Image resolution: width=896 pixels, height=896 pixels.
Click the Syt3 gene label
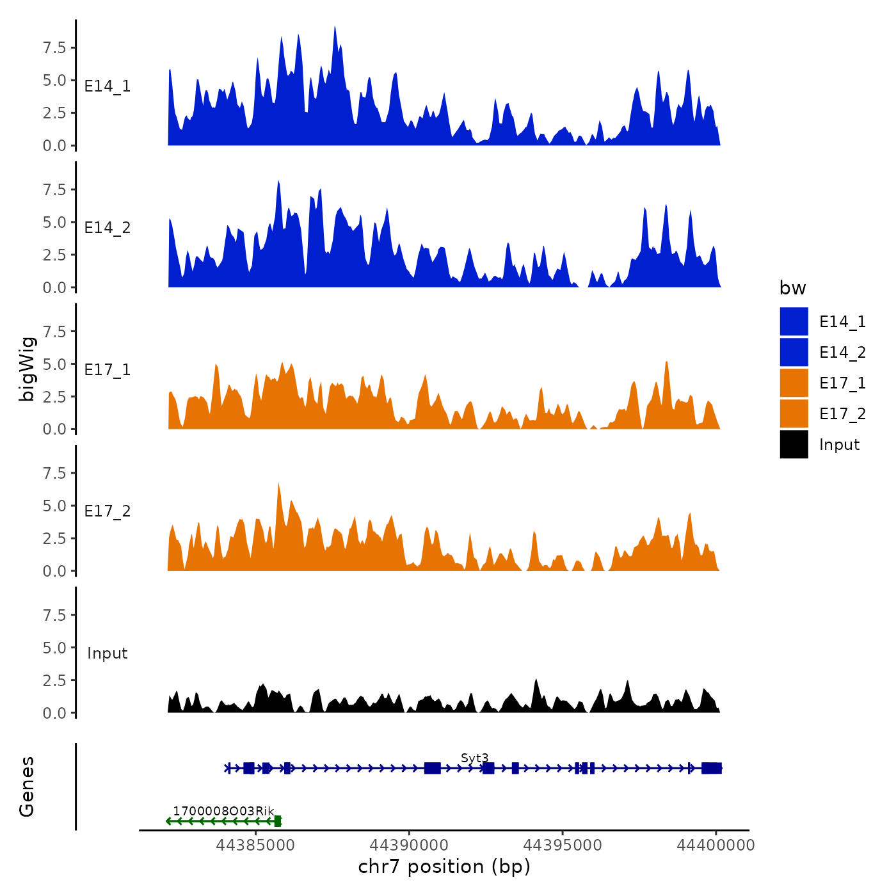[474, 758]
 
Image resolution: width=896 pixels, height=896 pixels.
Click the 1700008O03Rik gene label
[223, 812]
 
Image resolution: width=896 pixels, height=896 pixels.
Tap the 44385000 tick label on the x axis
[255, 845]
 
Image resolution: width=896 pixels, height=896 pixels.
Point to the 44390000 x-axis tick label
[409, 845]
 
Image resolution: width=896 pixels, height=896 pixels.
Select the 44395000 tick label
[563, 845]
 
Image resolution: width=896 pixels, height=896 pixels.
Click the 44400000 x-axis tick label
[716, 845]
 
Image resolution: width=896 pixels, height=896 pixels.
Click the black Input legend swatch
[794, 444]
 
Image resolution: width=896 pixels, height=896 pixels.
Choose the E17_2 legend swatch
[794, 413]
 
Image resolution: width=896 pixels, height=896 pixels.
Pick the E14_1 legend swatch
[794, 321]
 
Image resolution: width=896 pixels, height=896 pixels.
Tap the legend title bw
[792, 289]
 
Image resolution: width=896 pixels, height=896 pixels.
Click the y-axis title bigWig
[27, 369]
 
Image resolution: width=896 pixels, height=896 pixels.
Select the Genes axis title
[27, 787]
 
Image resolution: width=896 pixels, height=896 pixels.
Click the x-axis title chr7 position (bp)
[444, 867]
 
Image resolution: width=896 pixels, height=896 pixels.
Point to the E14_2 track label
[108, 228]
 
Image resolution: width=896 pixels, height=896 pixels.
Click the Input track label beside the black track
[108, 653]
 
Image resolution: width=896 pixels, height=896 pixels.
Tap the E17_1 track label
[108, 370]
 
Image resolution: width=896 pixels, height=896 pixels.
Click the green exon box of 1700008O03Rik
[277, 821]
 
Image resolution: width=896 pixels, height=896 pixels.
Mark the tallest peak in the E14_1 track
[335, 29]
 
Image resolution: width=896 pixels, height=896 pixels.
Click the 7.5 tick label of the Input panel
[54, 615]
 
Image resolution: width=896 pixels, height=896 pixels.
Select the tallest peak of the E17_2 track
[278, 484]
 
